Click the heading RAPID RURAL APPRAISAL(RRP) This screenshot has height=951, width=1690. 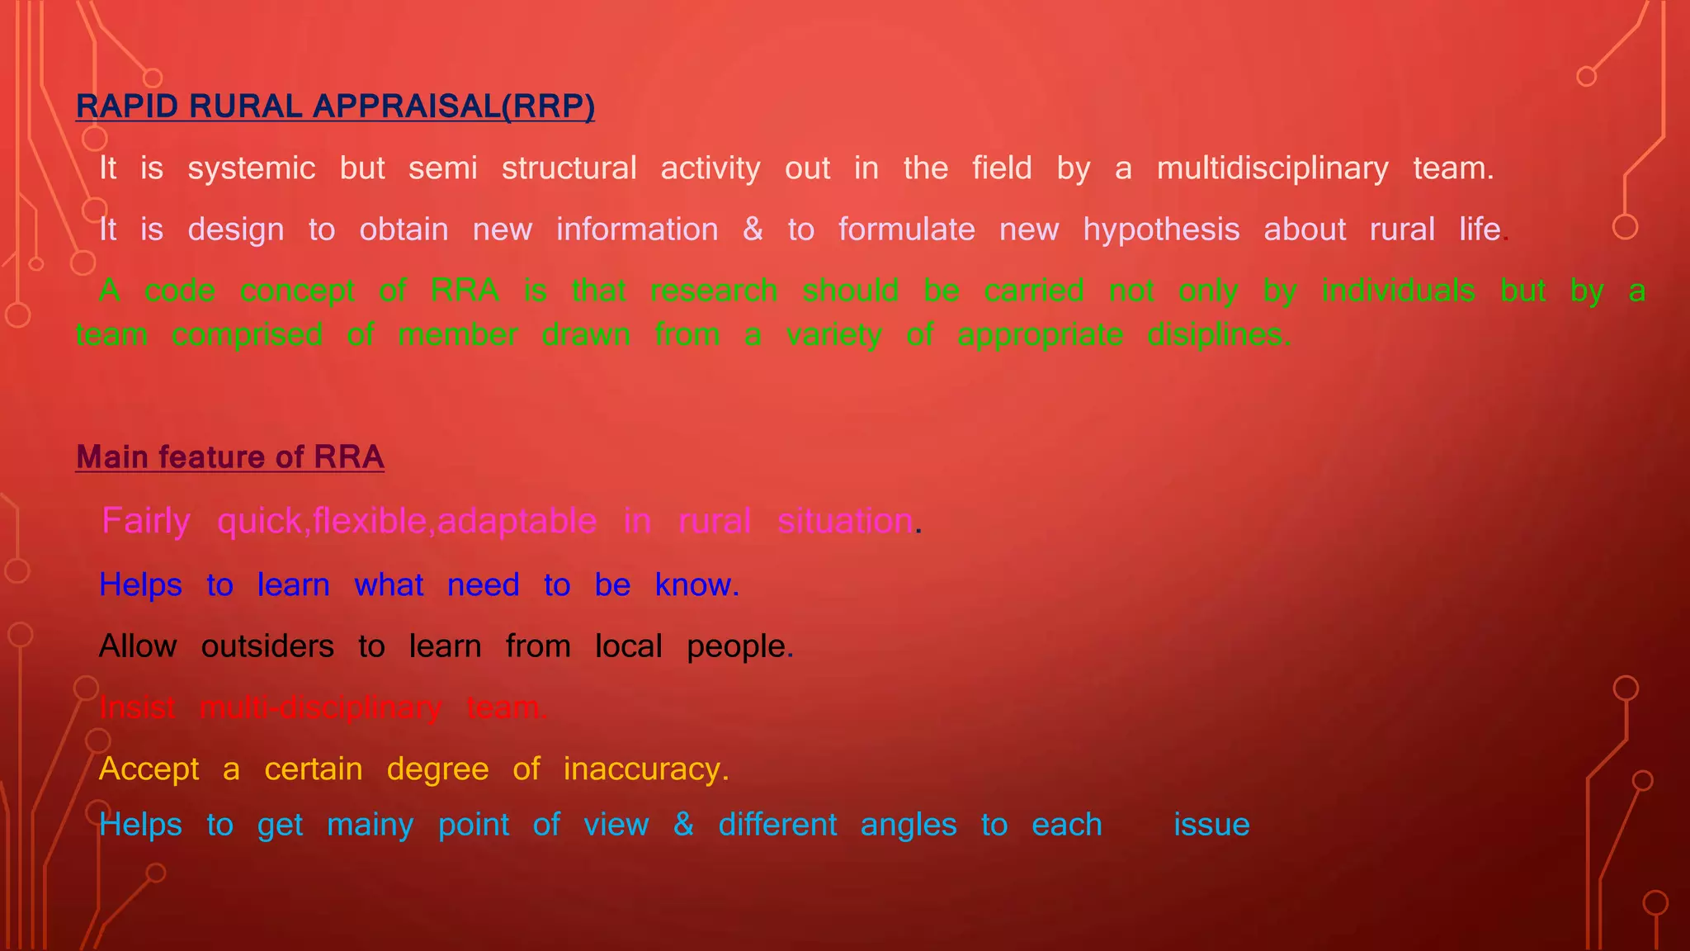coord(335,106)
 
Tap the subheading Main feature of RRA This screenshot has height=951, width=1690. coord(229,457)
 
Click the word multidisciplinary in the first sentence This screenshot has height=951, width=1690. coord(1272,168)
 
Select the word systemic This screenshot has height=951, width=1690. coord(252,168)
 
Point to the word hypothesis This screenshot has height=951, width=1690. coord(1161,229)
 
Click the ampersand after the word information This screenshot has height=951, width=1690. coord(753,229)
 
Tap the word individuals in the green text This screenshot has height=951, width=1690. coord(1398,291)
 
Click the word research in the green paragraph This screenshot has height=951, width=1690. coord(714,291)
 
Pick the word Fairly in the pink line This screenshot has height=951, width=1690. coord(146,521)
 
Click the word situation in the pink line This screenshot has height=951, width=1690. coord(845,521)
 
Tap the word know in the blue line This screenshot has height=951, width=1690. coord(692,584)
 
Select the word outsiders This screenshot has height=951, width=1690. coord(267,646)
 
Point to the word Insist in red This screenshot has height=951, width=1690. coord(137,707)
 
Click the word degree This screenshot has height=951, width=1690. coord(437,769)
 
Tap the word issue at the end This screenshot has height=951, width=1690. coord(1211,825)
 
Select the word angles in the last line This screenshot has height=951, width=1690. coord(909,825)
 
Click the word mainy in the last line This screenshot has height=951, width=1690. coord(371,825)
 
